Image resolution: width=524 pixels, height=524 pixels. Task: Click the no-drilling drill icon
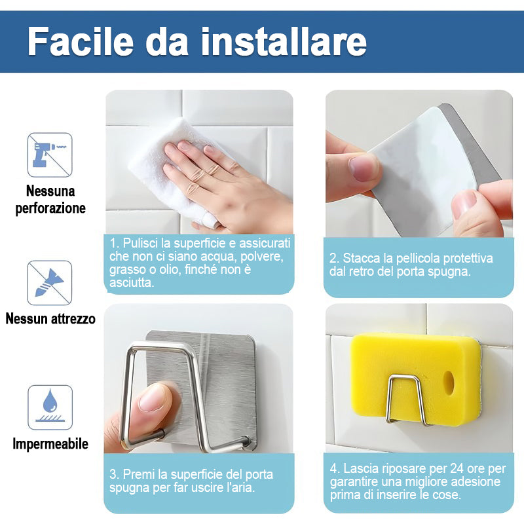(x=50, y=155)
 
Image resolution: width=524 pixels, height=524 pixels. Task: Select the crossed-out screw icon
(x=50, y=283)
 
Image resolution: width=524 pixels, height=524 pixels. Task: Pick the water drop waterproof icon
(x=50, y=407)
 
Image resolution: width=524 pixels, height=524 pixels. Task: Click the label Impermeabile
(x=50, y=444)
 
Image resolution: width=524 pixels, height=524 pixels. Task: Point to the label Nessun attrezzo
(x=50, y=318)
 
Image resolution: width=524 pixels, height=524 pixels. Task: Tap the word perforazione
(x=50, y=208)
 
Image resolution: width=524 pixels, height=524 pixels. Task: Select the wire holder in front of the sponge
(x=406, y=400)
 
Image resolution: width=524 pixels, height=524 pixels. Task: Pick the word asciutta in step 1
(x=132, y=283)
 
